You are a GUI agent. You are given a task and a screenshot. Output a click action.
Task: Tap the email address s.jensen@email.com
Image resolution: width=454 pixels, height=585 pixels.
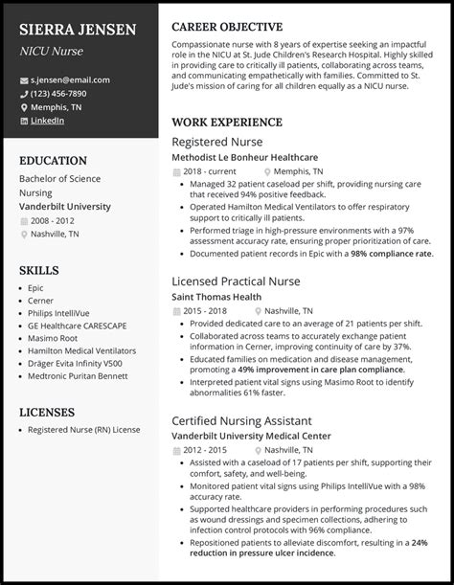point(71,80)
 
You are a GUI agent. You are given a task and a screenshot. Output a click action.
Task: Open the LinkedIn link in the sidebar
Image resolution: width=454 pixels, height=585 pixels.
point(47,121)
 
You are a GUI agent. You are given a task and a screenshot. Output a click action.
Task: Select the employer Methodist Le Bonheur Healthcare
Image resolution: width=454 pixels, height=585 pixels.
point(244,158)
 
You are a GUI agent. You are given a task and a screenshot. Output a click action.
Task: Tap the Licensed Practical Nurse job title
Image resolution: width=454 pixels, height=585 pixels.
point(236,281)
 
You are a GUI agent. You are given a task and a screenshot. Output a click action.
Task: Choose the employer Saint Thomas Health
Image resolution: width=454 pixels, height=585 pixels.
point(216,297)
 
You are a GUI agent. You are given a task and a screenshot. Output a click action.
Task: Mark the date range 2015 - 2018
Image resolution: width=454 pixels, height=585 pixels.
point(205,311)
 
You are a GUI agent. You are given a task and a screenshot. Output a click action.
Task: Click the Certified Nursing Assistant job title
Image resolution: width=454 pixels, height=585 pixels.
point(240,420)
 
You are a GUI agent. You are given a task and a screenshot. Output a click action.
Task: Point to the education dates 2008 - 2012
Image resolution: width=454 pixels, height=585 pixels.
point(53,220)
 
